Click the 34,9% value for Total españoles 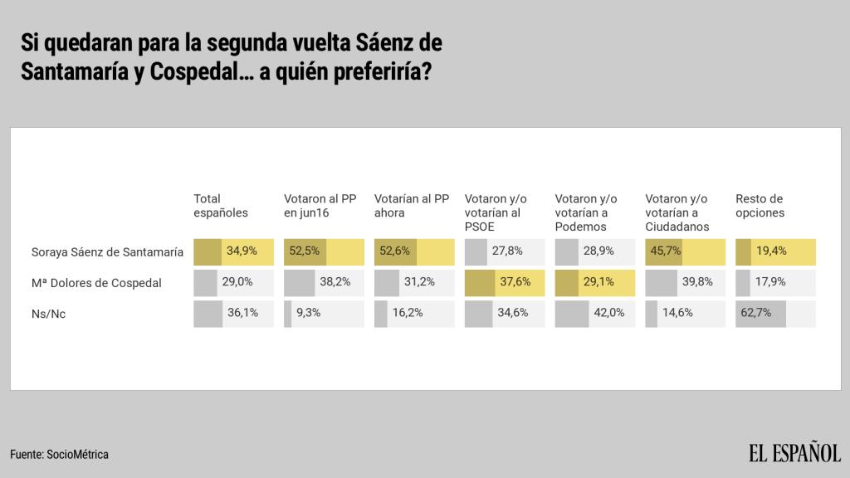(242, 251)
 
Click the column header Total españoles (221, 206)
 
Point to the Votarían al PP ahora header (412, 206)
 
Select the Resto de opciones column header (760, 206)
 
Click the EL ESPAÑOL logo (794, 453)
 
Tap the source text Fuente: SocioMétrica (60, 455)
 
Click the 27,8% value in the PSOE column (507, 251)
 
